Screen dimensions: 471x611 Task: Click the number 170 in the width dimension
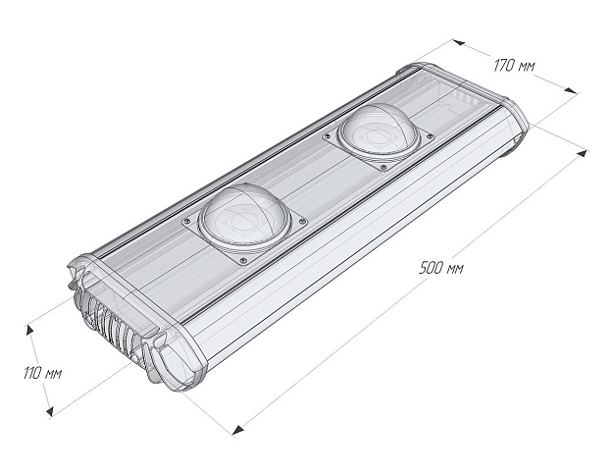(503, 66)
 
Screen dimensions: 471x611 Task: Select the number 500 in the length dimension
(429, 268)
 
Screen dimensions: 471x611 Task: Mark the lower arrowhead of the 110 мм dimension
(49, 410)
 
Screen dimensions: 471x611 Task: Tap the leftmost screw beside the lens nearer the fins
(182, 223)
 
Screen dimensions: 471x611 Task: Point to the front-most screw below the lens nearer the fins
(240, 259)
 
